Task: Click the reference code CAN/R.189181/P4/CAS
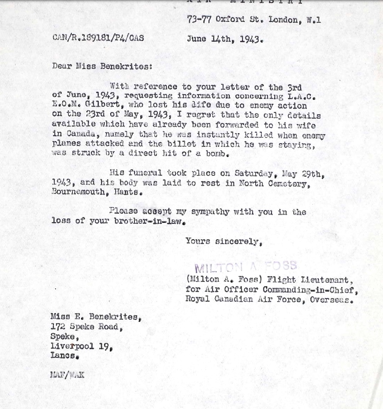(98, 38)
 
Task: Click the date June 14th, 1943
(225, 39)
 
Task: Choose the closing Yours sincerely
(224, 241)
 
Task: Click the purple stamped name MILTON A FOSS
(246, 267)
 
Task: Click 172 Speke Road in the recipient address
(86, 327)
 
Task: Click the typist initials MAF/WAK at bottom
(67, 375)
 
